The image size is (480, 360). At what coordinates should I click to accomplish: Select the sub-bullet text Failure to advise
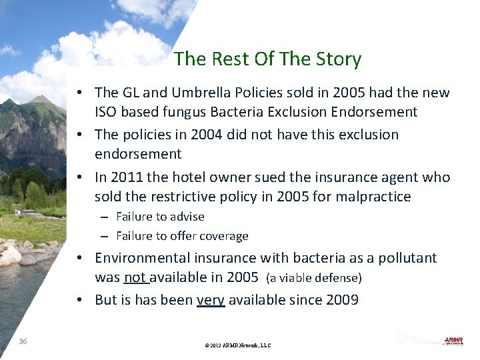(160, 217)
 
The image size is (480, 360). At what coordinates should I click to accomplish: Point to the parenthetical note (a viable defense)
(313, 278)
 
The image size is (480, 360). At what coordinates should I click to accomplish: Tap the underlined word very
(211, 300)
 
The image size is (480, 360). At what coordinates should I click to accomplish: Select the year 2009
(342, 300)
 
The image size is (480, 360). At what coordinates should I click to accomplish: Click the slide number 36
(23, 341)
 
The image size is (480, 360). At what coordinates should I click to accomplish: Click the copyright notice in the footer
(239, 345)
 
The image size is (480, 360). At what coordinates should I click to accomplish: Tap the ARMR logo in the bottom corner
(453, 341)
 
